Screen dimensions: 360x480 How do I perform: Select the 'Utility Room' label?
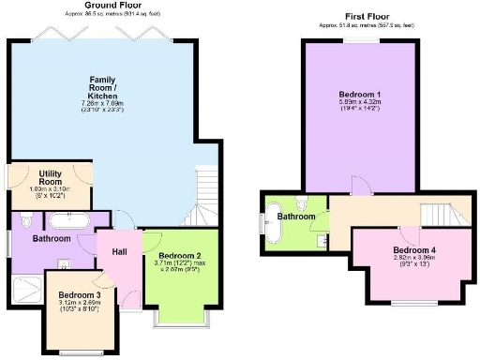tap(50, 178)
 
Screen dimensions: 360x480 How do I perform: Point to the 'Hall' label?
tap(119, 251)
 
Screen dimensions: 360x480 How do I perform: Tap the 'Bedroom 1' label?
tap(359, 95)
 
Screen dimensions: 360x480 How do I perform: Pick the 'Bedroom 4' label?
tap(413, 250)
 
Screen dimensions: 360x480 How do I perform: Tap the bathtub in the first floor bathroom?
tap(275, 226)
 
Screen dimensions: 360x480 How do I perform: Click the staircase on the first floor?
tap(444, 215)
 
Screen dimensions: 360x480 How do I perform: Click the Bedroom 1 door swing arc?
tap(359, 185)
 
